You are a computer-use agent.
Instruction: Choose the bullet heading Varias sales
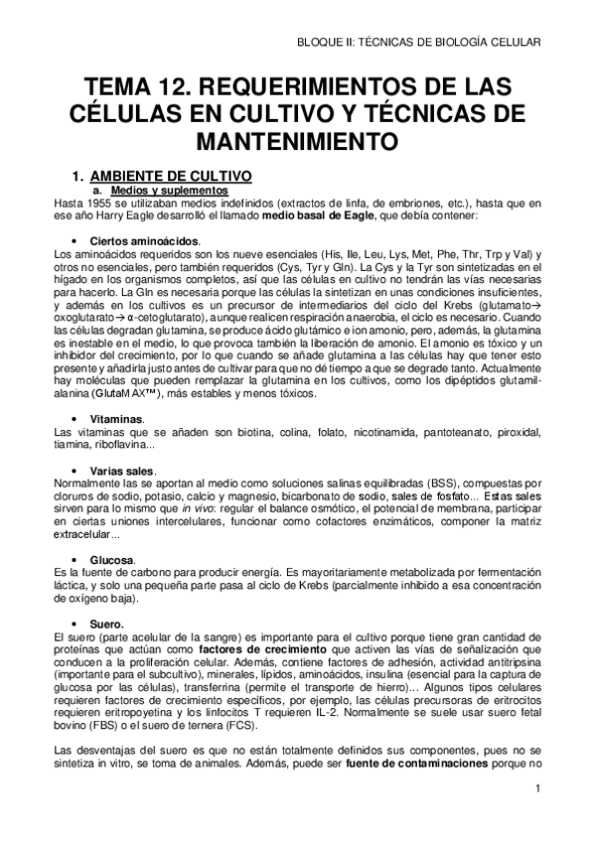(x=122, y=470)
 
